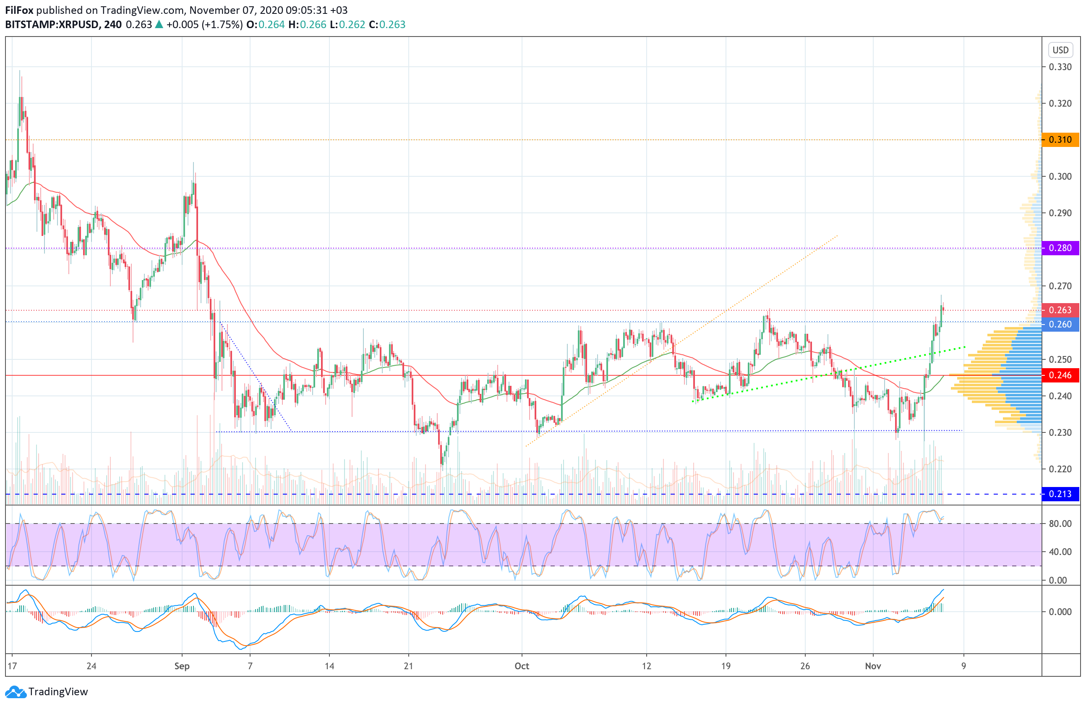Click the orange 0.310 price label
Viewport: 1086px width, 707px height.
click(x=1060, y=140)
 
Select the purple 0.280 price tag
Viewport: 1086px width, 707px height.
click(x=1060, y=248)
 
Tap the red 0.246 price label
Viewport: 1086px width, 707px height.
click(x=1060, y=375)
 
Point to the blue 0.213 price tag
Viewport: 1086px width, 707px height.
click(x=1060, y=494)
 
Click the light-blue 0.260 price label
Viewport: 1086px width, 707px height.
click(x=1060, y=325)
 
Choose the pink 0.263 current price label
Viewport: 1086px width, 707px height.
click(x=1060, y=310)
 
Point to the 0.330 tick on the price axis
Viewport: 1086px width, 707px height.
click(x=1060, y=67)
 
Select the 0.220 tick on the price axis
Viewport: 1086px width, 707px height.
click(x=1060, y=469)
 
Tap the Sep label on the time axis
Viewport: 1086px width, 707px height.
click(x=182, y=666)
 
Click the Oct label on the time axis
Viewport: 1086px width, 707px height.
click(x=522, y=666)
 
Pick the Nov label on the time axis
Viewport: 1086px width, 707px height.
click(x=872, y=666)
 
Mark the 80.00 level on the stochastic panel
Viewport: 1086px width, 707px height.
click(x=1060, y=524)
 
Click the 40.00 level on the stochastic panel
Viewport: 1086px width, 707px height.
click(x=1060, y=552)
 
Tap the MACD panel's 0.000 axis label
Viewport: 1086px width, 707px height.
click(x=1060, y=612)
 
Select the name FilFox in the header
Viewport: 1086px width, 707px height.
click(x=19, y=10)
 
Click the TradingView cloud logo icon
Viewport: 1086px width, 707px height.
click(x=16, y=692)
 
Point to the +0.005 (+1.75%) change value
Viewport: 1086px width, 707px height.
click(x=204, y=25)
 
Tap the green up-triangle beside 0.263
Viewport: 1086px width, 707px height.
click(x=159, y=25)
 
